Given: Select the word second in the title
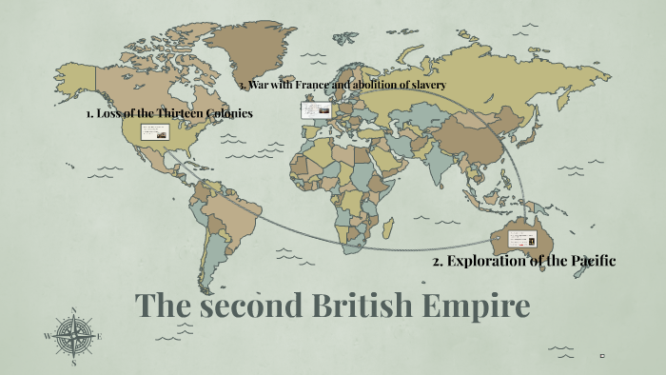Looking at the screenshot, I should (x=247, y=306).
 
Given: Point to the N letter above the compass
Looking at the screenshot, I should (x=74, y=310).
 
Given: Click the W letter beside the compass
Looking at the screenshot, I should (x=48, y=336).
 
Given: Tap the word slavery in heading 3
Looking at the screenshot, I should (x=422, y=85).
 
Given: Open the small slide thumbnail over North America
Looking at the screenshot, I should (x=155, y=132).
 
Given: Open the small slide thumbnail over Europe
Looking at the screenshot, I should (x=316, y=110).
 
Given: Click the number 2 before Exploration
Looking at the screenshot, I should (x=437, y=261).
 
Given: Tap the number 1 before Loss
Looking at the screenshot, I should (x=88, y=113).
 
